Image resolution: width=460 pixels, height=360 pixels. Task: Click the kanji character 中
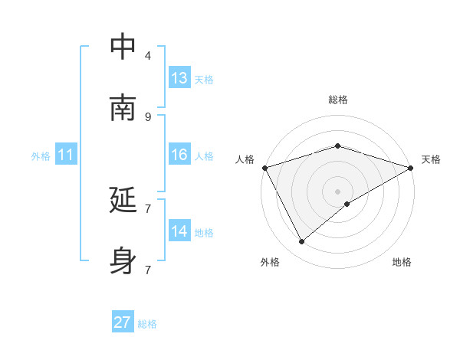coord(123,47)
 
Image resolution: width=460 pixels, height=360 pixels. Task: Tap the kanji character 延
coord(123,200)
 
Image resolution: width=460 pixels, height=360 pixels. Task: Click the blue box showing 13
coord(179,78)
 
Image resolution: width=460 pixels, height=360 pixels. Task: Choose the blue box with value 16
coord(179,155)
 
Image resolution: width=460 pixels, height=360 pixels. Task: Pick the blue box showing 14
coord(179,231)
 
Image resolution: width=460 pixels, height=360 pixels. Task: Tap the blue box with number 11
coord(66,155)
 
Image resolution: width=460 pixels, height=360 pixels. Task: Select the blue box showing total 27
coord(123,322)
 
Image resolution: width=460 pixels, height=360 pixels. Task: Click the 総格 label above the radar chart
coord(338,100)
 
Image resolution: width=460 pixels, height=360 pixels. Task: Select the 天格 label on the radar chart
coord(431,159)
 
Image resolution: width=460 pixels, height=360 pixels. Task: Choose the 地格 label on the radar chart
coord(402,262)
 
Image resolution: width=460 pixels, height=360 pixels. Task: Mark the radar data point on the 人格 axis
coord(264,168)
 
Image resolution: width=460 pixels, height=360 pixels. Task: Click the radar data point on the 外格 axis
coord(302,242)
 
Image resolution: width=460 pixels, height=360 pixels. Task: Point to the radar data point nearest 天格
coord(411,168)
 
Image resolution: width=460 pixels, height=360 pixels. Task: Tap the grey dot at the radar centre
coord(338,191)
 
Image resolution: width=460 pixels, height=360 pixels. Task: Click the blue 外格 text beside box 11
coord(41,155)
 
